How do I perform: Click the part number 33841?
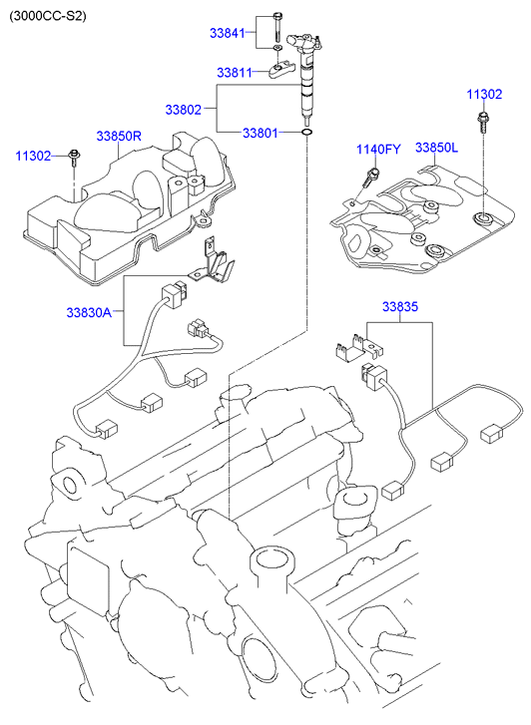point(227,33)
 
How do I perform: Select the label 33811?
point(235,73)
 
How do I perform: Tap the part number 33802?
point(184,110)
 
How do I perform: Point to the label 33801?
point(261,134)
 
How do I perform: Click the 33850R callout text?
point(119,136)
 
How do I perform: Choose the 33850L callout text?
point(436,148)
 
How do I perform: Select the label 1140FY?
point(378,150)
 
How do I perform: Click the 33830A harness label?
point(89,312)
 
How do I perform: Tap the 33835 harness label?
point(400,306)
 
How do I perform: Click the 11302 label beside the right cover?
point(484,95)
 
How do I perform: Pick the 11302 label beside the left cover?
point(33,156)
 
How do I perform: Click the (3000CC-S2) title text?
point(48,16)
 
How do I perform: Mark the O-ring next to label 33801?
point(306,134)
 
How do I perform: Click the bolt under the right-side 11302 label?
point(482,122)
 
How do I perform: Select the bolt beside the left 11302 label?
point(74,157)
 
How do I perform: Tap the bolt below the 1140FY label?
point(370,178)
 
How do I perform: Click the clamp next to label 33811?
point(279,70)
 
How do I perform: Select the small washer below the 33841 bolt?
point(277,49)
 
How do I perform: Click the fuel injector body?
point(304,79)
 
